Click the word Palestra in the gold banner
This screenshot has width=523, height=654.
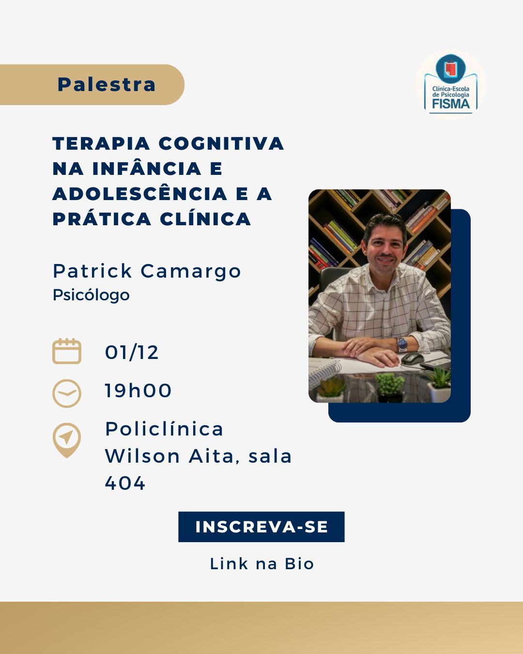107,84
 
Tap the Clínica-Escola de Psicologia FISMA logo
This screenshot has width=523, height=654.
451,84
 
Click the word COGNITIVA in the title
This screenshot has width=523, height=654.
221,143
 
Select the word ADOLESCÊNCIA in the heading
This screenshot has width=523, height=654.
140,194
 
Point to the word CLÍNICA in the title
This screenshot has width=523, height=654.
205,219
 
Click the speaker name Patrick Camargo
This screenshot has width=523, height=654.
147,271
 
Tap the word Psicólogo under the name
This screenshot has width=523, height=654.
91,295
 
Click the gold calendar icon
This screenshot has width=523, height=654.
67,351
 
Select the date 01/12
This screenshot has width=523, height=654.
132,353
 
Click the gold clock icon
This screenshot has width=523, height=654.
67,393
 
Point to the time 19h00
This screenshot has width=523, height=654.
138,390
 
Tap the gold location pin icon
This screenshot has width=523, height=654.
67,440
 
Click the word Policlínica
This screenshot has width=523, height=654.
164,429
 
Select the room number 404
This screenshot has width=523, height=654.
125,483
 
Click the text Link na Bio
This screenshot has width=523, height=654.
261,564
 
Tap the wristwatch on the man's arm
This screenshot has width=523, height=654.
402,344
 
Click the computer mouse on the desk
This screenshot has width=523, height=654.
412,358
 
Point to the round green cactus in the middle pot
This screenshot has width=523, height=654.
390,383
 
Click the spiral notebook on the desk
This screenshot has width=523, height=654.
324,370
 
